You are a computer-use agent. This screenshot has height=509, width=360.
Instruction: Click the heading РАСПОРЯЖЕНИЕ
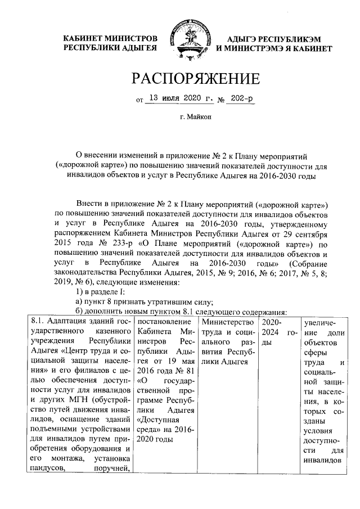pos(196,79)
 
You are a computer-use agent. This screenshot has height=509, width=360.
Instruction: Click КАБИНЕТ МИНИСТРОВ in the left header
pos(110,39)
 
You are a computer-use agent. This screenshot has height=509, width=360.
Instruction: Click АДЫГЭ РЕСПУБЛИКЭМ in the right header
pos(274,39)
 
